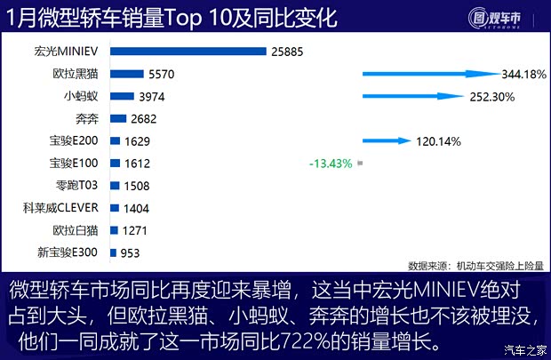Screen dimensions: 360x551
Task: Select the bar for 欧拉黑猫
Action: tap(126, 75)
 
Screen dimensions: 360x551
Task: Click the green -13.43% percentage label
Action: tap(331, 164)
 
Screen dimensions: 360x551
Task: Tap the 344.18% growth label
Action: tap(523, 75)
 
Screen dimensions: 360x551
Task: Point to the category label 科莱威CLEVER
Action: tap(66, 208)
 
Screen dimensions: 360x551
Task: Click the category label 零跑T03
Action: tap(83, 186)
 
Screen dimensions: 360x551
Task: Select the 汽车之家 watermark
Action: tap(523, 348)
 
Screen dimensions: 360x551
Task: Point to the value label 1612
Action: tap(138, 164)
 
